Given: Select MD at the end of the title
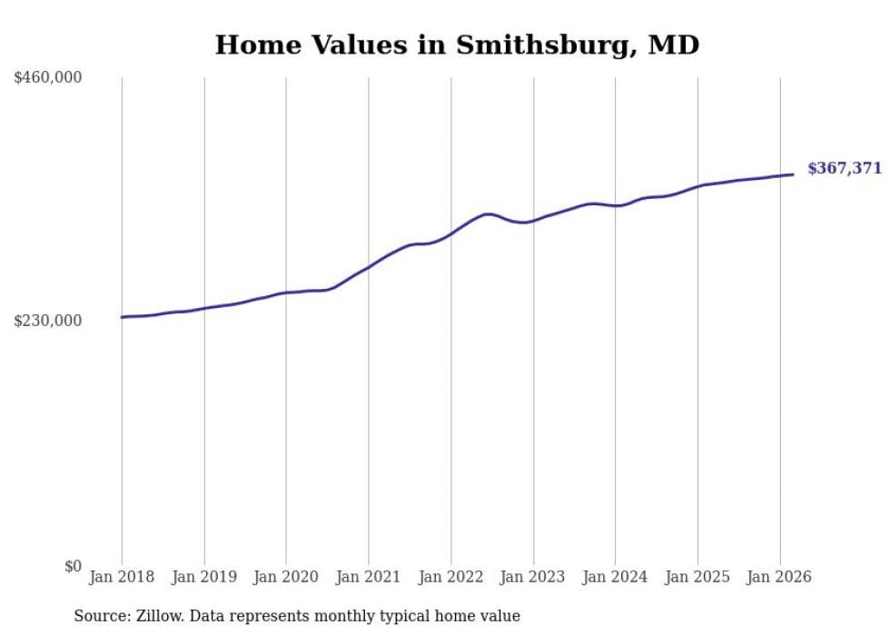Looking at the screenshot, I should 673,45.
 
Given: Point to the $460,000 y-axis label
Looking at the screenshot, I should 48,78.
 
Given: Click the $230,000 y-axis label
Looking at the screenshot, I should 48,321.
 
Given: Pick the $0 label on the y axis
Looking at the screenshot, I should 73,566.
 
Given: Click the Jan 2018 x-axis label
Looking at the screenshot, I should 122,577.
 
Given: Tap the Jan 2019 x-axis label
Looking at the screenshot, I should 204,577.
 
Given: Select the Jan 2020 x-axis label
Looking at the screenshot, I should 286,577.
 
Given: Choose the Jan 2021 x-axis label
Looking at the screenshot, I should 369,577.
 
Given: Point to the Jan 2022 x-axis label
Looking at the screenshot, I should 450,577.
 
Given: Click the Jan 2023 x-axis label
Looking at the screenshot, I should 533,577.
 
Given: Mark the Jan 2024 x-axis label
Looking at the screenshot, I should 615,577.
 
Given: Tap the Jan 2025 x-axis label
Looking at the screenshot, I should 697,577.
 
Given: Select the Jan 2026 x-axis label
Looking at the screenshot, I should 779,577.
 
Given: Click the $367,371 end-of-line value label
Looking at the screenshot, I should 844,168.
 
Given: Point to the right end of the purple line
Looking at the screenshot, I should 794,174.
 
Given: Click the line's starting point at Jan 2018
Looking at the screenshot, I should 122,317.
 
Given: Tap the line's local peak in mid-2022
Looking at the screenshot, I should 488,214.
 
